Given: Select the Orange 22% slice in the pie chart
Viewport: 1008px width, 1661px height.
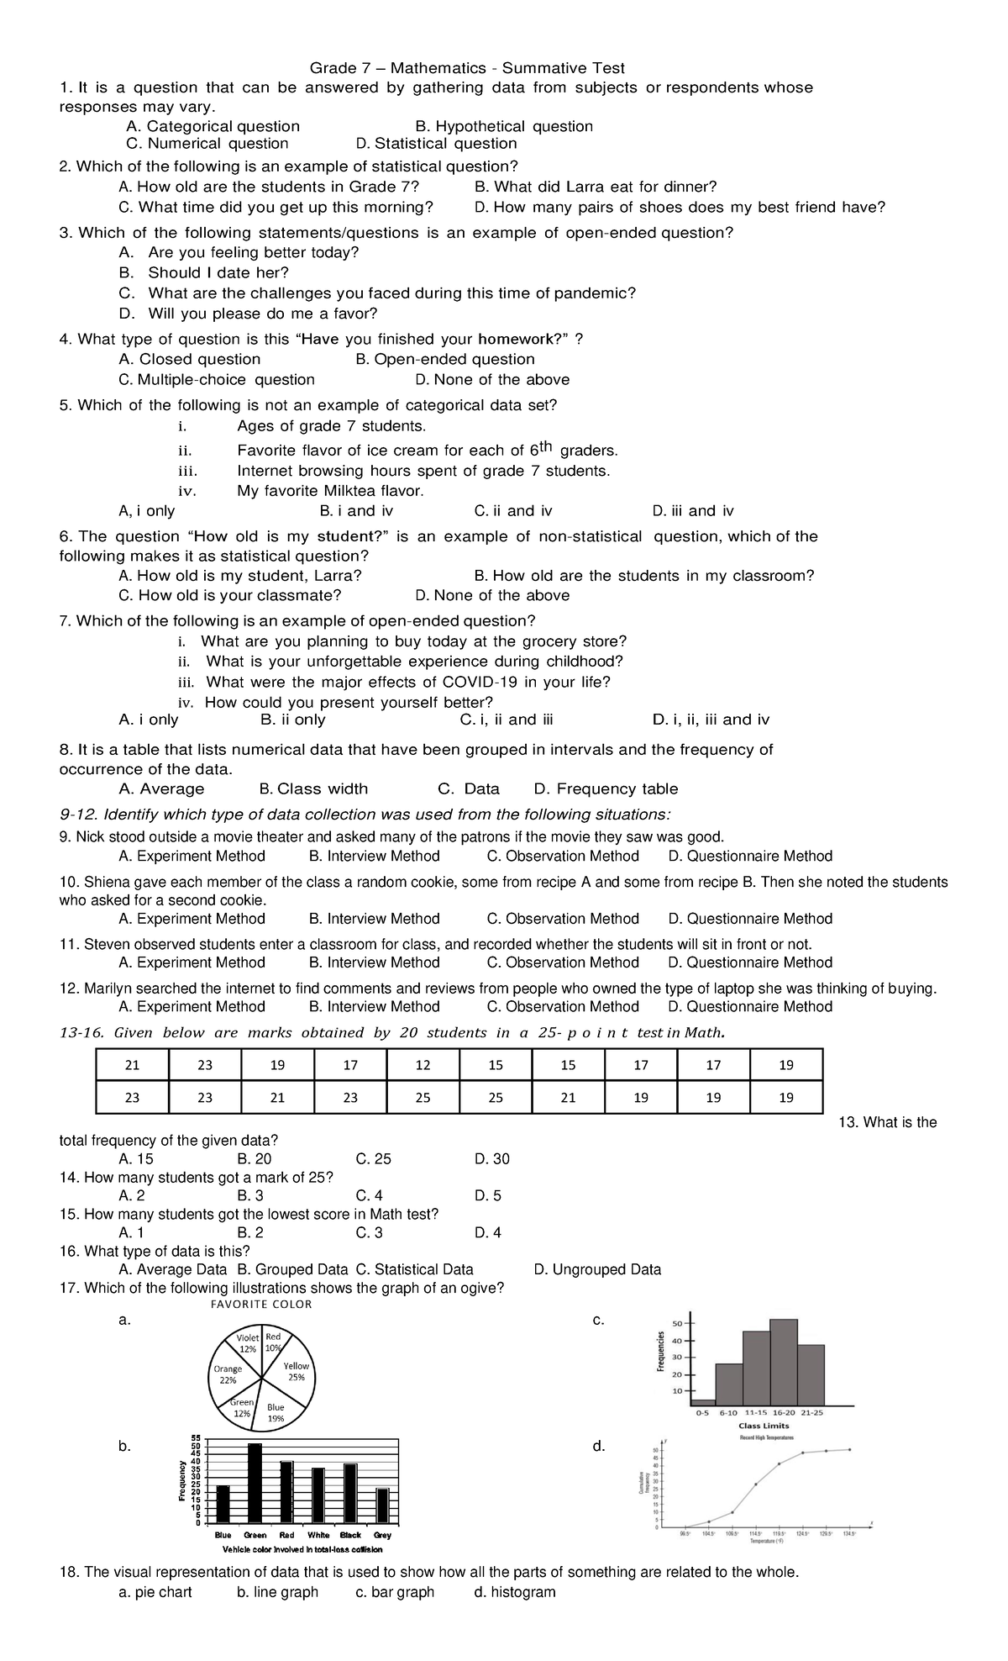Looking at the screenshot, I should click(x=228, y=1374).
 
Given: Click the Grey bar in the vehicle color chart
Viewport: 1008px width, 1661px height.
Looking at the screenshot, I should click(x=382, y=1505).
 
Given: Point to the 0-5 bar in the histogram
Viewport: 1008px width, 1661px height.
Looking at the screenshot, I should click(x=703, y=1401).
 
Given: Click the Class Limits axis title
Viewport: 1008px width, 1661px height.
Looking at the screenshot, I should click(x=763, y=1426).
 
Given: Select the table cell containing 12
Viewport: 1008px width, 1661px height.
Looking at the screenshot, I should click(x=423, y=1065).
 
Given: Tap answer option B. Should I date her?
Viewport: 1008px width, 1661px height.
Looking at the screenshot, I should click(x=218, y=272).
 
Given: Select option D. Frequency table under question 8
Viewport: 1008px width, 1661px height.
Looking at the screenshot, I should click(x=606, y=788).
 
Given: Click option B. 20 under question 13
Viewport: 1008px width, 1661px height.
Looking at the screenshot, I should click(x=255, y=1159).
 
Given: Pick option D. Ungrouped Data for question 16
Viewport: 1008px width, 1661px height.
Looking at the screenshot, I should click(x=597, y=1269).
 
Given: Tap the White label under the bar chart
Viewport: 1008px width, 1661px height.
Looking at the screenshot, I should click(x=318, y=1535).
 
